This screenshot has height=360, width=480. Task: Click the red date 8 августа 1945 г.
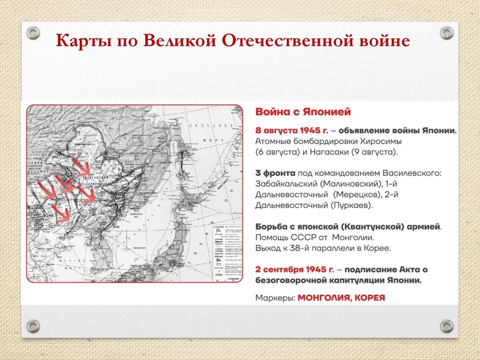tap(290, 130)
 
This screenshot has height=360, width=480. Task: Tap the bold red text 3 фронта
tap(274, 173)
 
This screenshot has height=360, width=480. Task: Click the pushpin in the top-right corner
tap(446, 31)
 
